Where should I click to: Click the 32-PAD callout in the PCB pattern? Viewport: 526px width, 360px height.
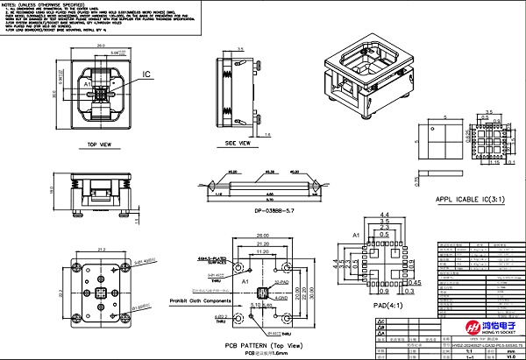pos(281,283)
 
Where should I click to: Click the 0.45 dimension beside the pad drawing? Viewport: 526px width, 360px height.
pos(417,282)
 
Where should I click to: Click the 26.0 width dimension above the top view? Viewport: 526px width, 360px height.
pos(102,44)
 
